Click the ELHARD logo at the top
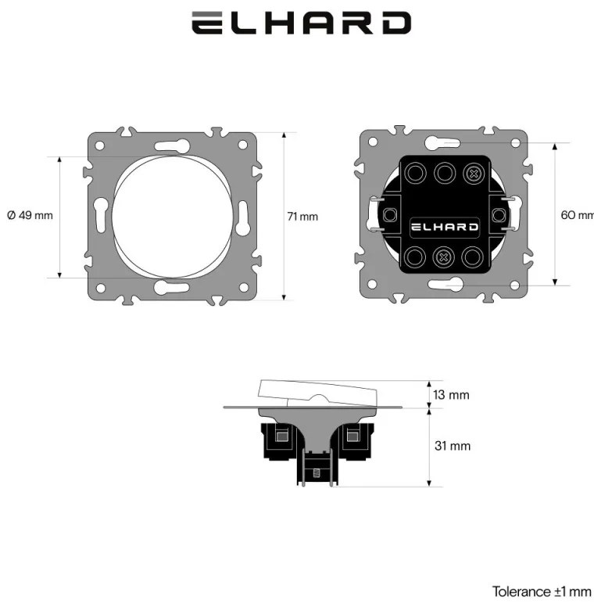(301, 23)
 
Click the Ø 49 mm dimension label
(30, 215)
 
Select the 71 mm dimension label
(302, 217)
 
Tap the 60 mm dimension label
(578, 215)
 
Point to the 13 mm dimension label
(451, 395)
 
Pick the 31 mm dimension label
(453, 446)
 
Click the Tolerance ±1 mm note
(542, 591)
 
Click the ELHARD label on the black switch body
(444, 227)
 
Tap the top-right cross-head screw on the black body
(473, 174)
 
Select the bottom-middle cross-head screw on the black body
(443, 257)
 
